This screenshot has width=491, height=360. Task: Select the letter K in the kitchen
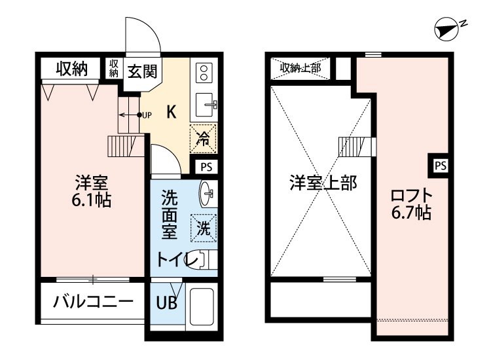click(170, 111)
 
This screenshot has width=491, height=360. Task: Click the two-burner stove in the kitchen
click(203, 73)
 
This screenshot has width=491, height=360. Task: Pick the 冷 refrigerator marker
click(204, 138)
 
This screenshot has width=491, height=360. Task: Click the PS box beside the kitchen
click(206, 166)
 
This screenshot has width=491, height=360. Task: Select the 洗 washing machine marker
click(204, 228)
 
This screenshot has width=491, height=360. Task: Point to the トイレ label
click(177, 260)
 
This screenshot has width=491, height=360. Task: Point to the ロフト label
click(411, 194)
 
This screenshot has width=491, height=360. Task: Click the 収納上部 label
click(300, 68)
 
